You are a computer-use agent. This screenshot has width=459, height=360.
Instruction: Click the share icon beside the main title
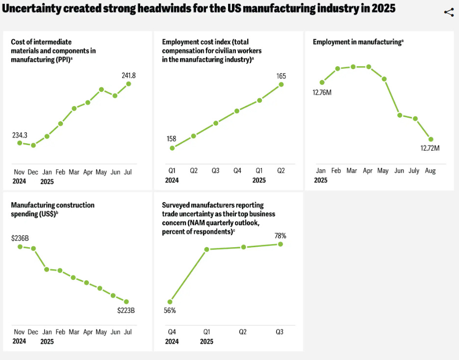[x=449, y=13]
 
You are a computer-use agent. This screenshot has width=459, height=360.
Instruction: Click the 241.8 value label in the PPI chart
[x=129, y=76]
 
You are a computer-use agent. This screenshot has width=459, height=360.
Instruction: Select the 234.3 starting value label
[x=20, y=134]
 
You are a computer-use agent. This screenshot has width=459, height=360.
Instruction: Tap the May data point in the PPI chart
[x=102, y=89]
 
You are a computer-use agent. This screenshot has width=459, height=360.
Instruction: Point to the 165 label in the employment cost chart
[x=281, y=76]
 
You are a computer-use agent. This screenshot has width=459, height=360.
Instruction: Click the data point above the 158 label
[x=172, y=148]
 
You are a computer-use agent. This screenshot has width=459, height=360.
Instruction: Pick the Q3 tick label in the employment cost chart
[x=215, y=171]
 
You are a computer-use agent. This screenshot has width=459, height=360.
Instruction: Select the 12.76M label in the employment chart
[x=323, y=92]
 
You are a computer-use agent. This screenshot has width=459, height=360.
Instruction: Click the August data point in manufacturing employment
[x=431, y=139]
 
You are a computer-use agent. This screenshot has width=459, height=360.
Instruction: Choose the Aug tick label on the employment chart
[x=430, y=171]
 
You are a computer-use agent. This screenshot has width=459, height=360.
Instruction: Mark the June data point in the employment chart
[x=400, y=115]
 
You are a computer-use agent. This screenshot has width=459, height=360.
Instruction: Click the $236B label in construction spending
[x=20, y=238]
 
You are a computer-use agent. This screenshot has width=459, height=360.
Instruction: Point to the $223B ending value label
[x=126, y=310]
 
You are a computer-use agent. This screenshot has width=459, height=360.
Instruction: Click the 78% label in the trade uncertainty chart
[x=280, y=236]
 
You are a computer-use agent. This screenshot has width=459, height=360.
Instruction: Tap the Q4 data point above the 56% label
[x=170, y=302]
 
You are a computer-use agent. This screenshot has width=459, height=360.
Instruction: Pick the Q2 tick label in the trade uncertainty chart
[x=242, y=332]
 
